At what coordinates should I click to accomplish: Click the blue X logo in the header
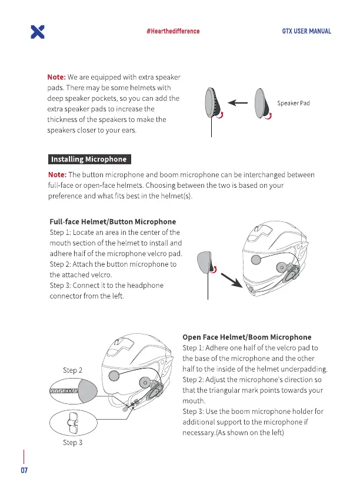pyautogui.click(x=37, y=32)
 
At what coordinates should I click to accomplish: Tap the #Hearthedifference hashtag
pyautogui.click(x=173, y=31)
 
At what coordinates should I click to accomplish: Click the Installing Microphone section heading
pyautogui.click(x=88, y=159)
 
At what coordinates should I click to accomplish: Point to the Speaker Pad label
pyautogui.click(x=294, y=103)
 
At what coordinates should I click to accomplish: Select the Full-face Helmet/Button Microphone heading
pyautogui.click(x=113, y=221)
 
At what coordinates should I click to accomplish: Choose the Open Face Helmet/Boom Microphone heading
pyautogui.click(x=247, y=337)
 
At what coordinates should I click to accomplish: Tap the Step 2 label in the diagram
pyautogui.click(x=72, y=370)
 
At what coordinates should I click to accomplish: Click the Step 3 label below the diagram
pyautogui.click(x=72, y=442)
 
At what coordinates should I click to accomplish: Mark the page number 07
pyautogui.click(x=24, y=471)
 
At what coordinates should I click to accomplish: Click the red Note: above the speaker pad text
pyautogui.click(x=56, y=77)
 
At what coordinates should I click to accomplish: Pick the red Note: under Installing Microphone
pyautogui.click(x=56, y=175)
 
